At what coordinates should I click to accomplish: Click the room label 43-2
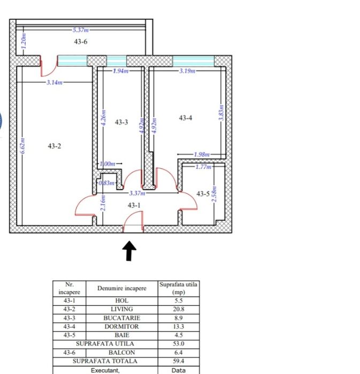54,145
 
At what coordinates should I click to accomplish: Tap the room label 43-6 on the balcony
81,42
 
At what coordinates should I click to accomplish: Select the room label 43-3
121,122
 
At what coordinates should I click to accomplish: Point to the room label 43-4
186,118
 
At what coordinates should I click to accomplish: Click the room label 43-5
203,194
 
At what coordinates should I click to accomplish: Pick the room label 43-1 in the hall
134,205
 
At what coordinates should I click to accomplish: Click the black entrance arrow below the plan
129,251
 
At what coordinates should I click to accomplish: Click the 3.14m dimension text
55,82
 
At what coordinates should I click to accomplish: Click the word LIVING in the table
121,309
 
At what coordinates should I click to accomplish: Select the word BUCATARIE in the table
121,318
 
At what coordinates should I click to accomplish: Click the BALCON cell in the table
121,353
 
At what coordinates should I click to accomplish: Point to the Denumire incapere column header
121,289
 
